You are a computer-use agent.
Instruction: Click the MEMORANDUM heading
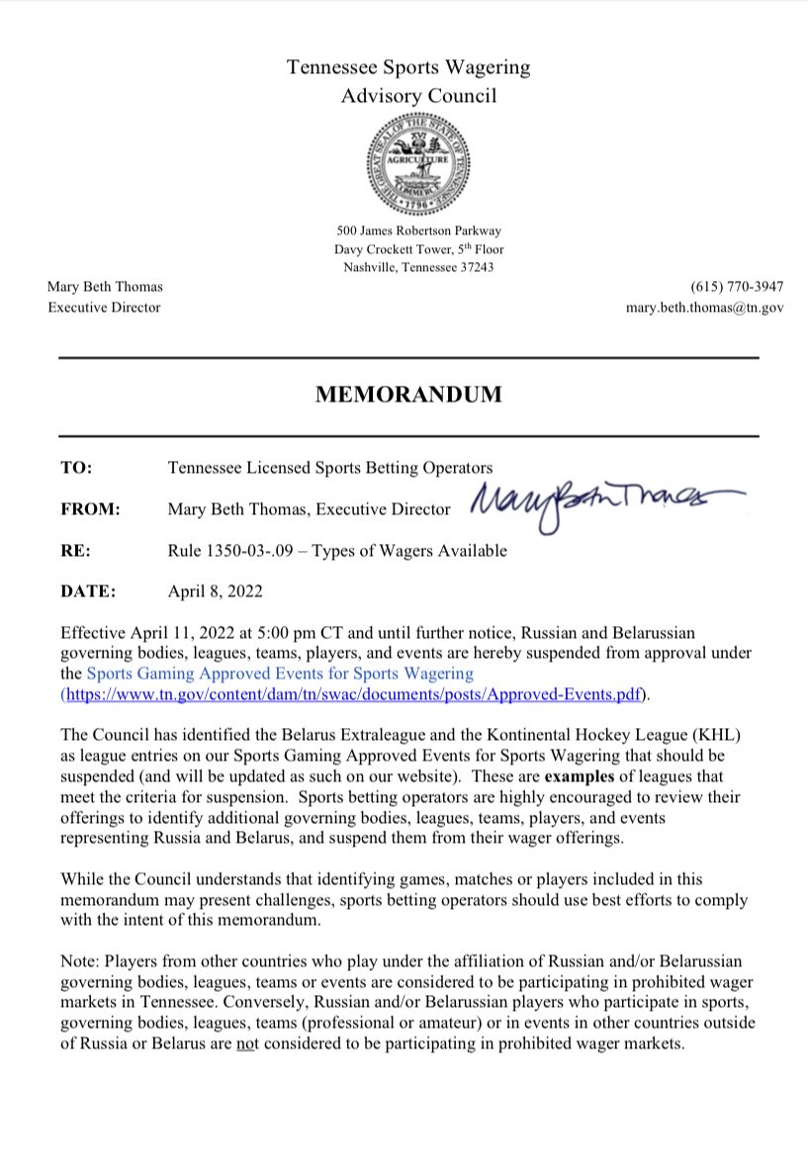[x=408, y=396]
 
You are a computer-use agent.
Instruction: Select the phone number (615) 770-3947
[x=731, y=287]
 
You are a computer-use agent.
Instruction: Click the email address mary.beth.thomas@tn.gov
[x=704, y=308]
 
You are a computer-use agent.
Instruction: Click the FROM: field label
[x=90, y=509]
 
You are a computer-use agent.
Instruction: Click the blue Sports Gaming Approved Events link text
[x=280, y=674]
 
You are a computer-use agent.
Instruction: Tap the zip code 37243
[x=474, y=267]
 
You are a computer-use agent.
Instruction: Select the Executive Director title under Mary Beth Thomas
[x=104, y=308]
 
